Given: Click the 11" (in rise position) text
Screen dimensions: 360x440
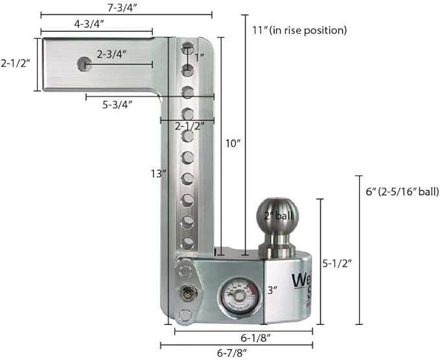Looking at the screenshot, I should tap(299, 30).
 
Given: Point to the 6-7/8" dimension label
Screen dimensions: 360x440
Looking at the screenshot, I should tap(231, 354).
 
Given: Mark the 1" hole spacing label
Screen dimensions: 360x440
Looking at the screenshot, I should tap(200, 58).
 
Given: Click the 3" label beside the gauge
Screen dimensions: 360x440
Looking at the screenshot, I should tap(272, 291).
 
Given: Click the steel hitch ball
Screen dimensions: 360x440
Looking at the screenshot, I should tap(278, 216).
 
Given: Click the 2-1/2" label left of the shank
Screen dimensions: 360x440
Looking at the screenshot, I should tap(14, 63).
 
